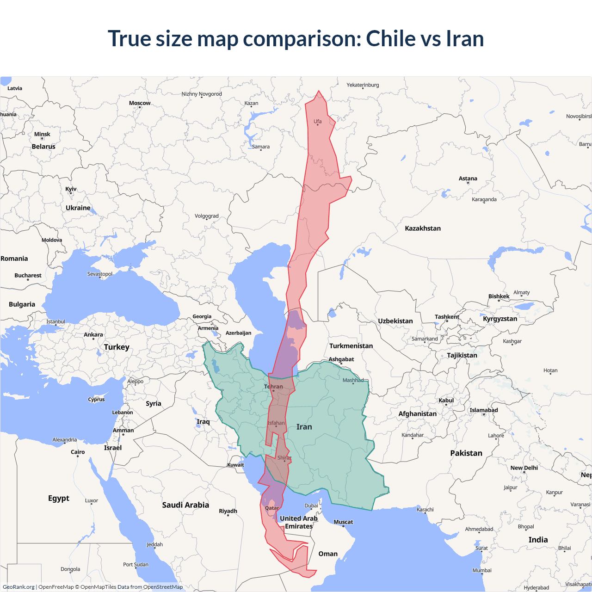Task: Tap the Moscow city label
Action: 140,103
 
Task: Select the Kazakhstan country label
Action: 423,228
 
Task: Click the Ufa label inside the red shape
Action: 318,122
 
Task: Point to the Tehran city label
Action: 273,387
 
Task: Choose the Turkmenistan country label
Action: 351,346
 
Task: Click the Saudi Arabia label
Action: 185,505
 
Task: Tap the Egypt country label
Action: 59,498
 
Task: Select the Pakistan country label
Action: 466,453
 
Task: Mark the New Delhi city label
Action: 524,468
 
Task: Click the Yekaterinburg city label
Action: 363,85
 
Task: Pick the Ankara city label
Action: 93,335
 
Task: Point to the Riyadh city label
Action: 228,511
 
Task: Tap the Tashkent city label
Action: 447,317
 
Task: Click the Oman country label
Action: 328,554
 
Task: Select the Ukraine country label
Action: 78,208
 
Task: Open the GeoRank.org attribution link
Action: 18,587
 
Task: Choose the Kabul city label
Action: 446,401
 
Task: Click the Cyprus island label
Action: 97,400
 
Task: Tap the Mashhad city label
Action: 353,380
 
